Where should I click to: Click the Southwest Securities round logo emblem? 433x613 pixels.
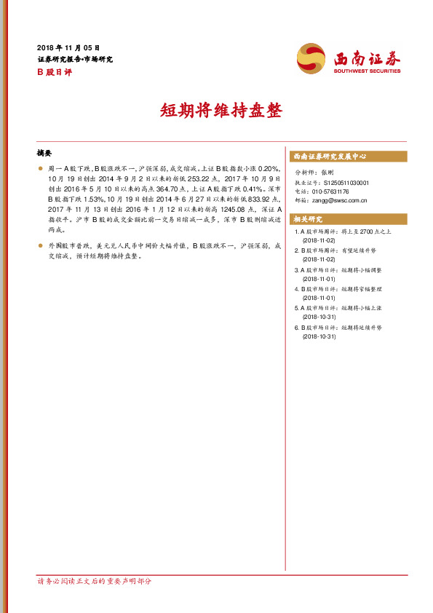[x=312, y=58]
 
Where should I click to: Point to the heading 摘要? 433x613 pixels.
[x=44, y=154]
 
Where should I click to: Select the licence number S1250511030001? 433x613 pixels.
[x=346, y=182]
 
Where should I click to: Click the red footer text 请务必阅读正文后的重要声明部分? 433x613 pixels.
[x=95, y=581]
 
